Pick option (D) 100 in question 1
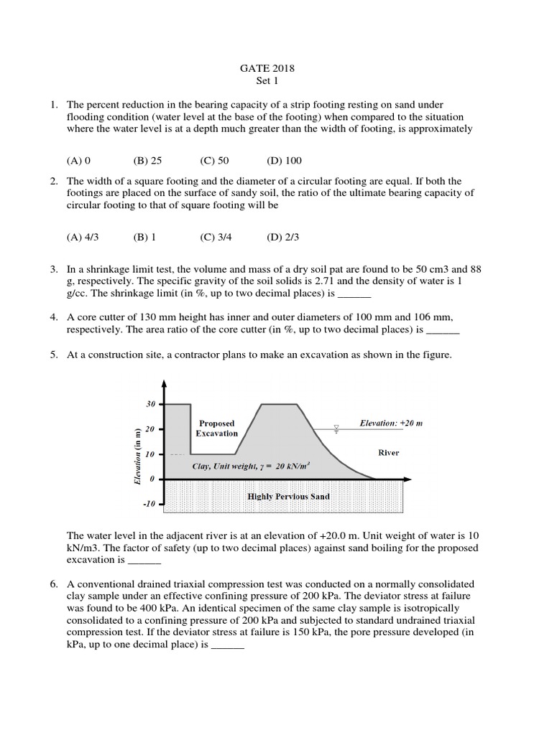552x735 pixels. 283,161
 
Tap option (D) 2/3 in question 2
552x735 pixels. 282,236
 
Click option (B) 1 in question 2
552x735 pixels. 144,236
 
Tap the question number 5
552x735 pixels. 54,355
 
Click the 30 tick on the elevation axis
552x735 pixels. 151,405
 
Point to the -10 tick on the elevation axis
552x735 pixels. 149,505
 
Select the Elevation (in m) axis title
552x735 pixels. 137,456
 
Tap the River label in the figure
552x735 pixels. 388,453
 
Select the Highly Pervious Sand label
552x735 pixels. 288,496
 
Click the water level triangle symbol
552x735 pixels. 335,429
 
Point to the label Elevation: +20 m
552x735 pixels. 391,423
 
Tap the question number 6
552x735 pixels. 54,584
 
